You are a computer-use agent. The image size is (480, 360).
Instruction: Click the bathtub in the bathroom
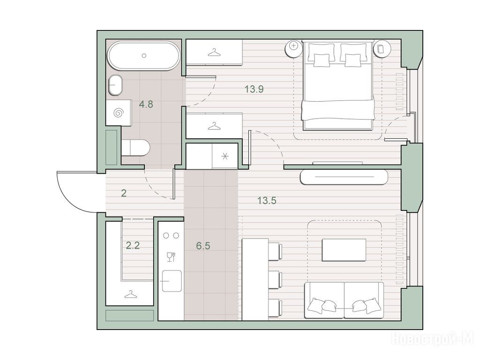pyautogui.click(x=143, y=56)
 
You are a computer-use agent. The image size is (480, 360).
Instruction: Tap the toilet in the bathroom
pyautogui.click(x=135, y=148)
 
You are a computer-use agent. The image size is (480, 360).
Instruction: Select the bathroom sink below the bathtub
pyautogui.click(x=115, y=85)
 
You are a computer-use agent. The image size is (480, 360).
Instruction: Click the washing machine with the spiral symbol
pyautogui.click(x=119, y=112)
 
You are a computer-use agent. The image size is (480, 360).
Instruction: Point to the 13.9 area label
pyautogui.click(x=254, y=90)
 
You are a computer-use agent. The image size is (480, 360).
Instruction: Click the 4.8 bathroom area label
pyautogui.click(x=146, y=105)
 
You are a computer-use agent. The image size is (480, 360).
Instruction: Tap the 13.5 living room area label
pyautogui.click(x=267, y=201)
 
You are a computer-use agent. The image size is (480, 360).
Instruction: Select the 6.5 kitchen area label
pyautogui.click(x=203, y=246)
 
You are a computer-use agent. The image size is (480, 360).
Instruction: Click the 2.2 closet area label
pyautogui.click(x=133, y=245)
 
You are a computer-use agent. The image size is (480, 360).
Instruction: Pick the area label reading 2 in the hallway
pyautogui.click(x=124, y=193)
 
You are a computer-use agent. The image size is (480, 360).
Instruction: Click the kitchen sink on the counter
pyautogui.click(x=172, y=281)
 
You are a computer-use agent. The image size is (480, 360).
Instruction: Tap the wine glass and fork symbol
pyautogui.click(x=171, y=256)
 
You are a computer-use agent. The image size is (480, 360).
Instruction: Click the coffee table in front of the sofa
pyautogui.click(x=344, y=250)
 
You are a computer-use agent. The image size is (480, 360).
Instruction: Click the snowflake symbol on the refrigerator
pyautogui.click(x=225, y=157)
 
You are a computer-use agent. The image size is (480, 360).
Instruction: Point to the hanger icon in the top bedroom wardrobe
pyautogui.click(x=214, y=52)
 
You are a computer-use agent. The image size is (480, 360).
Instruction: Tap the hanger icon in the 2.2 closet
pyautogui.click(x=131, y=294)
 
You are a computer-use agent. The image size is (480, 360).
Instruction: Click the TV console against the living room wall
pyautogui.click(x=345, y=177)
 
